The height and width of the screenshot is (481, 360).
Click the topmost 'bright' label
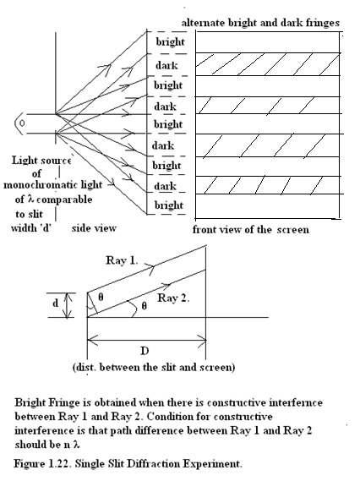tap(170, 41)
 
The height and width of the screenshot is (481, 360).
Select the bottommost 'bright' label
tap(169, 205)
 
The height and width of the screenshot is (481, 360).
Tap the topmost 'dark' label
tap(166, 65)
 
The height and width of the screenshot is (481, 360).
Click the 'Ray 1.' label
tap(122, 260)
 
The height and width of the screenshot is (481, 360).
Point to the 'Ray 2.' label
tap(173, 298)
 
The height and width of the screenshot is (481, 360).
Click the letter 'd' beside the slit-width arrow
tap(55, 303)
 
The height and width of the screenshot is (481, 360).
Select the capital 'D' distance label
tap(145, 350)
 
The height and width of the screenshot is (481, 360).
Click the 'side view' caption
tap(94, 228)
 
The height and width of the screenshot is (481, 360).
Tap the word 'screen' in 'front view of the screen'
tap(293, 230)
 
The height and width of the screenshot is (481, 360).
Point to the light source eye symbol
tap(19, 123)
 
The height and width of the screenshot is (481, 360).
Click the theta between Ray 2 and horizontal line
tap(145, 305)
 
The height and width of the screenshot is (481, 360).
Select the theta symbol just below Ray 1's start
tap(101, 297)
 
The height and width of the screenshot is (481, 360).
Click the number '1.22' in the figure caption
tap(61, 463)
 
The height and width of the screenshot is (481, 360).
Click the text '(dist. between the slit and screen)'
tap(154, 367)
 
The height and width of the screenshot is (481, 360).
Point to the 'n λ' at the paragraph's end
tap(73, 444)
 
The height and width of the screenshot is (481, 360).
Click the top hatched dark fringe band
tap(268, 64)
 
